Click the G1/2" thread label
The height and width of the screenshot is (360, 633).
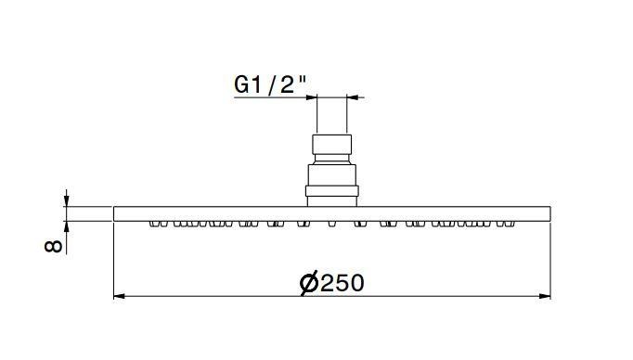click(269, 84)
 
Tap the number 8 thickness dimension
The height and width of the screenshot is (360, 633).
click(54, 246)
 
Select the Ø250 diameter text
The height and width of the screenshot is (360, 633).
click(331, 282)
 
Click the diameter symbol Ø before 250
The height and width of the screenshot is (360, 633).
click(310, 282)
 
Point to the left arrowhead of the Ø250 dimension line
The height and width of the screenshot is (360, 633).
click(118, 296)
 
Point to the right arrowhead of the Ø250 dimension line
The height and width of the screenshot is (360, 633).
click(546, 296)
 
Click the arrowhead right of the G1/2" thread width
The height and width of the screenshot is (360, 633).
click(352, 96)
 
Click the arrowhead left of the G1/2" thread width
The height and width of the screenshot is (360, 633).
click(313, 96)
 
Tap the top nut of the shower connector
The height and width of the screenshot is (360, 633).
click(332, 144)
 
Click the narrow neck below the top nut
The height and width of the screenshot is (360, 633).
click(332, 158)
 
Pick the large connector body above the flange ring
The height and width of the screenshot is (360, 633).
click(332, 174)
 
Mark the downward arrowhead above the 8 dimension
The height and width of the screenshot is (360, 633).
click(67, 201)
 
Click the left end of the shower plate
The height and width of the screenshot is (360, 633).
click(116, 213)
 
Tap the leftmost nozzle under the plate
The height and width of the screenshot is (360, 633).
click(152, 224)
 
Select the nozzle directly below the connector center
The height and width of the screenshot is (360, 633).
click(332, 224)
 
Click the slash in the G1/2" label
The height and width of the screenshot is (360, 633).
click(272, 84)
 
